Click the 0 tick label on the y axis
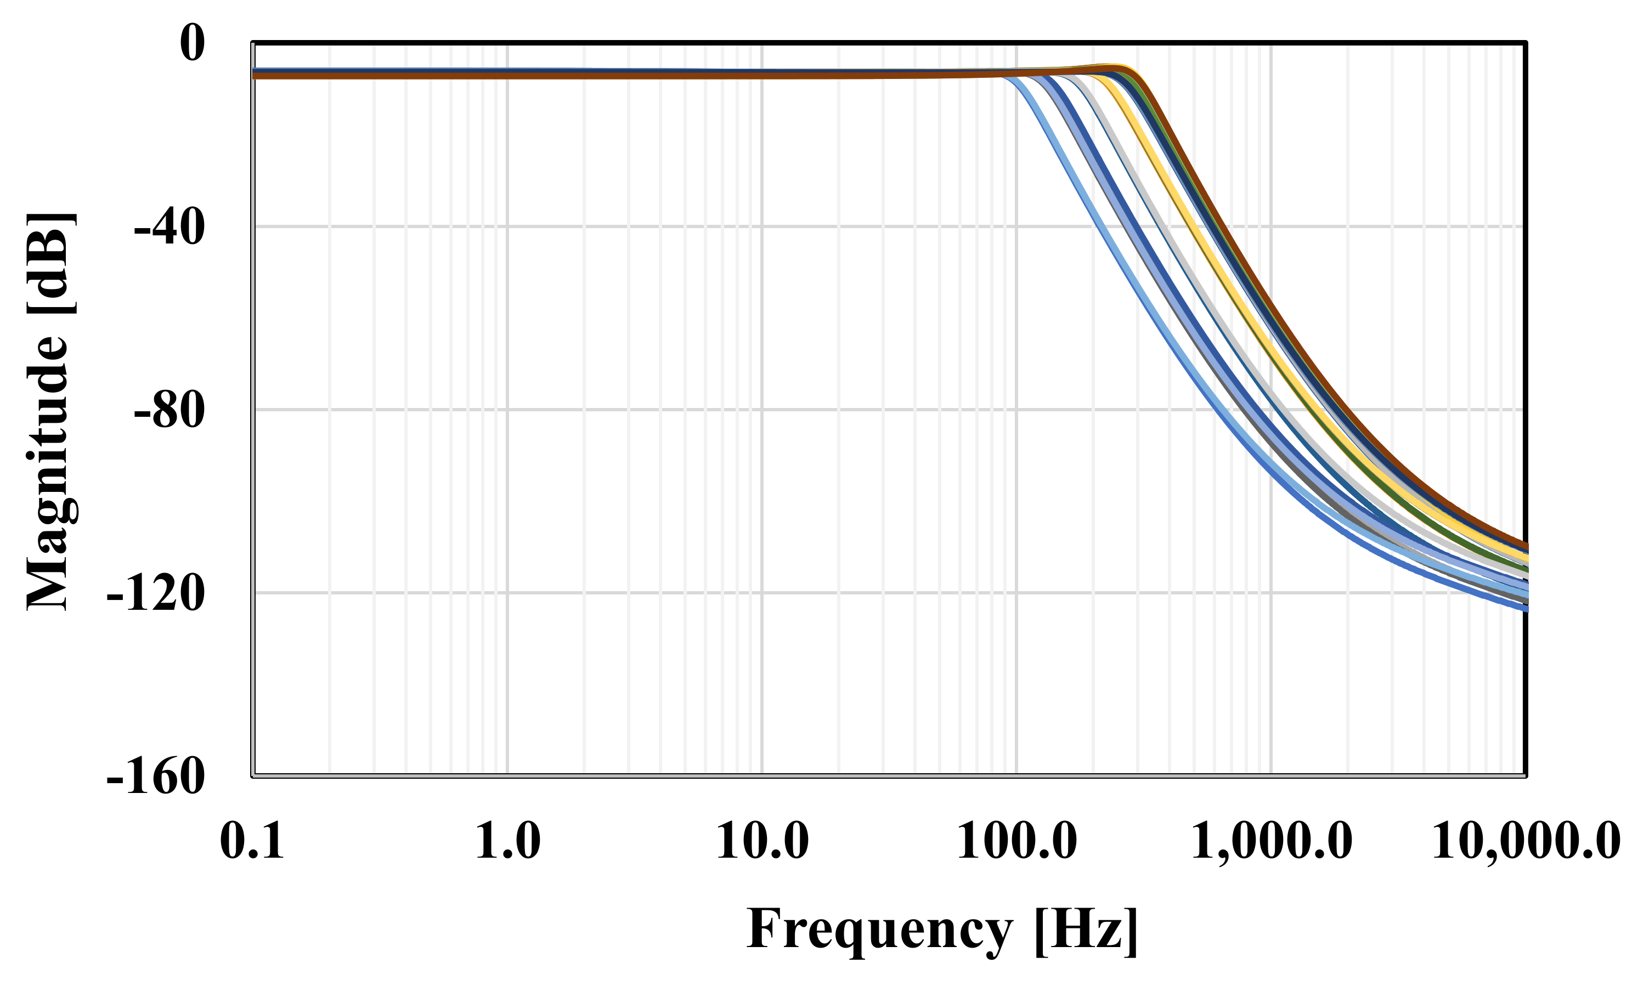tap(192, 44)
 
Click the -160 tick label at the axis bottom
tap(155, 777)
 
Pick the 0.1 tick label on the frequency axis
tap(252, 842)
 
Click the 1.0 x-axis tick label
tap(507, 842)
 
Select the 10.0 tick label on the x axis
tap(762, 842)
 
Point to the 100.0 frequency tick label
tap(1016, 842)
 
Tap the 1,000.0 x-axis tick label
tap(1271, 842)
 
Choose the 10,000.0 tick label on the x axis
tap(1526, 842)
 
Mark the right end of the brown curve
tap(1524, 546)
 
